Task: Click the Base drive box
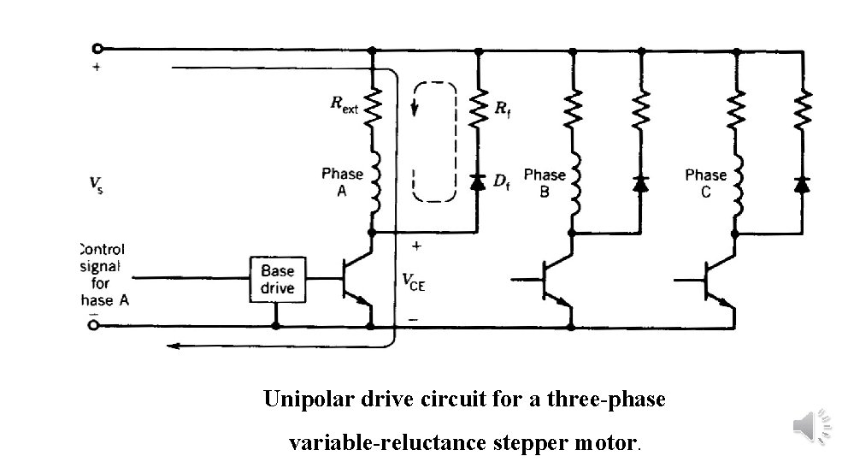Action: (x=277, y=278)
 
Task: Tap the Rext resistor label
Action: (x=344, y=105)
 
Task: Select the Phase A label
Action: (x=342, y=182)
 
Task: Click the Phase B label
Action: (x=545, y=183)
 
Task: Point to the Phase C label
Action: (x=705, y=183)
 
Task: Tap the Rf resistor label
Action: (x=503, y=108)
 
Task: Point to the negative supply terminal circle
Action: (x=95, y=326)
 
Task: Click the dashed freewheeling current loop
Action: (x=433, y=141)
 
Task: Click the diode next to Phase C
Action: (x=801, y=183)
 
